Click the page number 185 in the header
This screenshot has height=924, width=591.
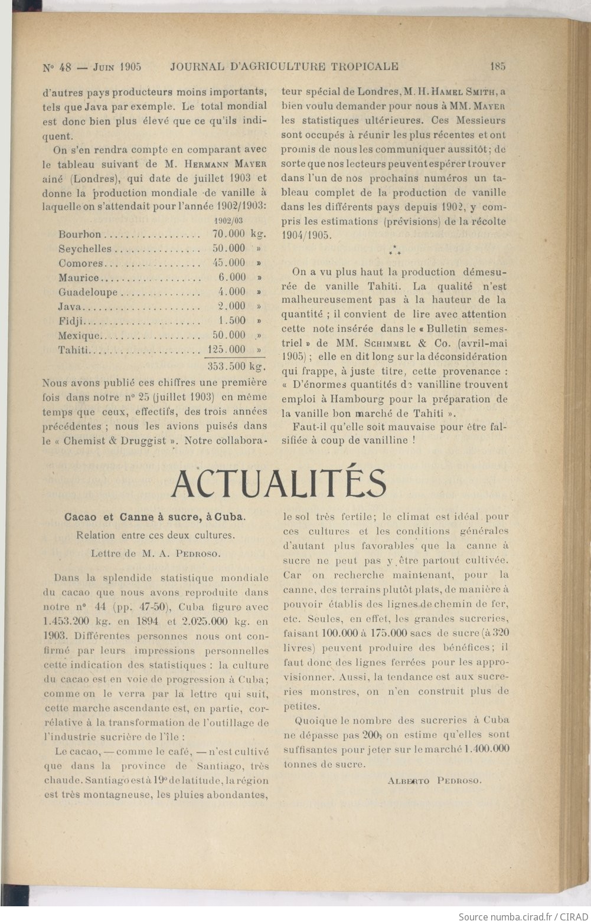point(497,67)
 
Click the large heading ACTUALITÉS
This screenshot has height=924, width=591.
point(279,483)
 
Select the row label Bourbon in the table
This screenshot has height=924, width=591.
point(80,234)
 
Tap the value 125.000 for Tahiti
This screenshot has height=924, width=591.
point(228,349)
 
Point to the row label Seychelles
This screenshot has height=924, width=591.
point(84,248)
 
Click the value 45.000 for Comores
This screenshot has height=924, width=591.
point(228,263)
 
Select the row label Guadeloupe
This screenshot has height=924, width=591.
point(88,291)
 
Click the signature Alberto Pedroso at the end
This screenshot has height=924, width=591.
point(435,781)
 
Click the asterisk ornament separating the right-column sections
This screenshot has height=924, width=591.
point(394,251)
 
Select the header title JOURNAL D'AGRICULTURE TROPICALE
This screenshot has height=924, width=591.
point(284,67)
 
